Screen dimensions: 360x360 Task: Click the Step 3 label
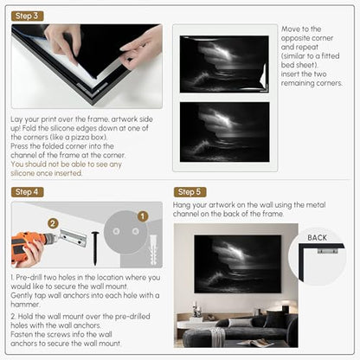(28, 16)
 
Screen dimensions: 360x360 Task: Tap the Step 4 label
(28, 192)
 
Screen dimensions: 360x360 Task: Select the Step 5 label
(190, 192)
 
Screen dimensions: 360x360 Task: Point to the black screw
(95, 248)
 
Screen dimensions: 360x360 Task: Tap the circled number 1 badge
(143, 216)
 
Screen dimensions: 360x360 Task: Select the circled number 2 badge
(53, 223)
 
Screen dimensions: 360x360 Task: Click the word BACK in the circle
(317, 238)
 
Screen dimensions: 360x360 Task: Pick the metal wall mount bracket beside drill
(73, 238)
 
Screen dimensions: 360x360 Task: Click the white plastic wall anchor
(153, 250)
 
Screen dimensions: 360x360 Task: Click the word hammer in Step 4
(25, 305)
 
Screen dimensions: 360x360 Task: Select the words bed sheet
(299, 65)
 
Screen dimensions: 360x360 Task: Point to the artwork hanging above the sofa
(237, 264)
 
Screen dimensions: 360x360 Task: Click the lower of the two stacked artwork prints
(225, 132)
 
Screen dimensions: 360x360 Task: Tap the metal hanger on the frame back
(327, 250)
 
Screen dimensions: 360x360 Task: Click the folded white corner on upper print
(264, 77)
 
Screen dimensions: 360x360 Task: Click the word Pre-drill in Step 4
(29, 278)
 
